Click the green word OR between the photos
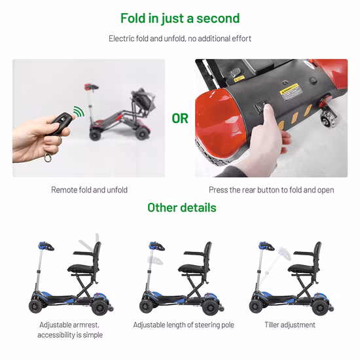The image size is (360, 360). tap(180, 118)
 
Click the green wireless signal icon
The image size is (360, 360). tap(79, 112)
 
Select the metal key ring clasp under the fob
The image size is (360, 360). tap(48, 158)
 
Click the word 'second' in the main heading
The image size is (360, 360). tap(218, 18)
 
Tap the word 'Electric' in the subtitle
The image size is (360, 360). tap(121, 39)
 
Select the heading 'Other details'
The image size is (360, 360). tap(182, 207)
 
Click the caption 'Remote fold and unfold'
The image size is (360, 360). tap(89, 190)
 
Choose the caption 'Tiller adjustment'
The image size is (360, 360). tap(290, 325)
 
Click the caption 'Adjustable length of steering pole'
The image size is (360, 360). tap(183, 325)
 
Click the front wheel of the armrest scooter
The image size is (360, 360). tap(36, 306)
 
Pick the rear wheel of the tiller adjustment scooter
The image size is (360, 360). tap(320, 307)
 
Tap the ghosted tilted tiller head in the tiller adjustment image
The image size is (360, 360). tap(284, 253)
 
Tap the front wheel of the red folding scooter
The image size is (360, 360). tap(95, 135)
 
